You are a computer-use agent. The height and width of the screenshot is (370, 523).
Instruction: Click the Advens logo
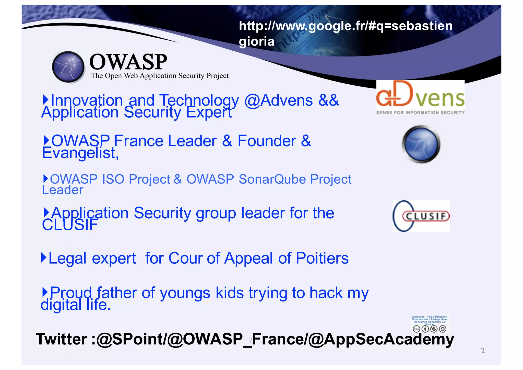click(420, 97)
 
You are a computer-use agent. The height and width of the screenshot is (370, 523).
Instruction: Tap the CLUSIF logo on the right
click(421, 216)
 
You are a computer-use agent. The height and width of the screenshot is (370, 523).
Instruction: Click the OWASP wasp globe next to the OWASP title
click(68, 67)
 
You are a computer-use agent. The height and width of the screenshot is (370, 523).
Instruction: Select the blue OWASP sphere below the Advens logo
click(421, 144)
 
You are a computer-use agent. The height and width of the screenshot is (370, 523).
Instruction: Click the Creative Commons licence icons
click(430, 329)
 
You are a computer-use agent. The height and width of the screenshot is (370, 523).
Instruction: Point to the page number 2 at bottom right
click(483, 351)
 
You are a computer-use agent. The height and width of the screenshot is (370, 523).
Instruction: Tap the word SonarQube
click(272, 179)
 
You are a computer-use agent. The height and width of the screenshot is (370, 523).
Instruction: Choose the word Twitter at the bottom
click(62, 339)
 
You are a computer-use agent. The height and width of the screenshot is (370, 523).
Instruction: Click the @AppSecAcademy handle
click(381, 339)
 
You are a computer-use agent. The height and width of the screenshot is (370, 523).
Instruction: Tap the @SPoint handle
click(130, 339)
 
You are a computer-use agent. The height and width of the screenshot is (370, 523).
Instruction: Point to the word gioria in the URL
click(256, 41)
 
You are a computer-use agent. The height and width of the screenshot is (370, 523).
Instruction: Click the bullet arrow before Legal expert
click(44, 257)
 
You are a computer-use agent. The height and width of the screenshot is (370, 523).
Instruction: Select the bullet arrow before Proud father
click(45, 292)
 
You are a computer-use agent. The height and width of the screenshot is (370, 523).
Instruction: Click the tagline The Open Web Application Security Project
click(160, 76)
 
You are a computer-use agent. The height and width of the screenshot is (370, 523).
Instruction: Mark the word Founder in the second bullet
click(267, 141)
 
